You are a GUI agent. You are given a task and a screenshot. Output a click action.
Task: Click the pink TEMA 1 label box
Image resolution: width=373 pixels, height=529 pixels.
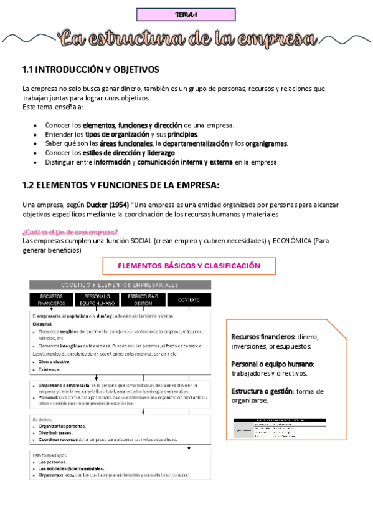click(186, 14)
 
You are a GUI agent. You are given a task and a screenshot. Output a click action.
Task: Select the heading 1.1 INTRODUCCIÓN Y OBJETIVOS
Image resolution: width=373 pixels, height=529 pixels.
click(90, 69)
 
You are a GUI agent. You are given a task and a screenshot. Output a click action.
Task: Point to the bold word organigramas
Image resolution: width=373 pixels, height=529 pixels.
click(267, 143)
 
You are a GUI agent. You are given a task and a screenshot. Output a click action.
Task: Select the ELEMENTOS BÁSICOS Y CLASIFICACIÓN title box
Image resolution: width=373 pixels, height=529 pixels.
click(189, 266)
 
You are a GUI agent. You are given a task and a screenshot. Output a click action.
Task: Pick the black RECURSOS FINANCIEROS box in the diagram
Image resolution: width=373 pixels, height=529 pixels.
click(51, 299)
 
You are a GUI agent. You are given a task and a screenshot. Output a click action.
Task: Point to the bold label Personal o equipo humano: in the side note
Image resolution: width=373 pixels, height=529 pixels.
click(272, 364)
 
